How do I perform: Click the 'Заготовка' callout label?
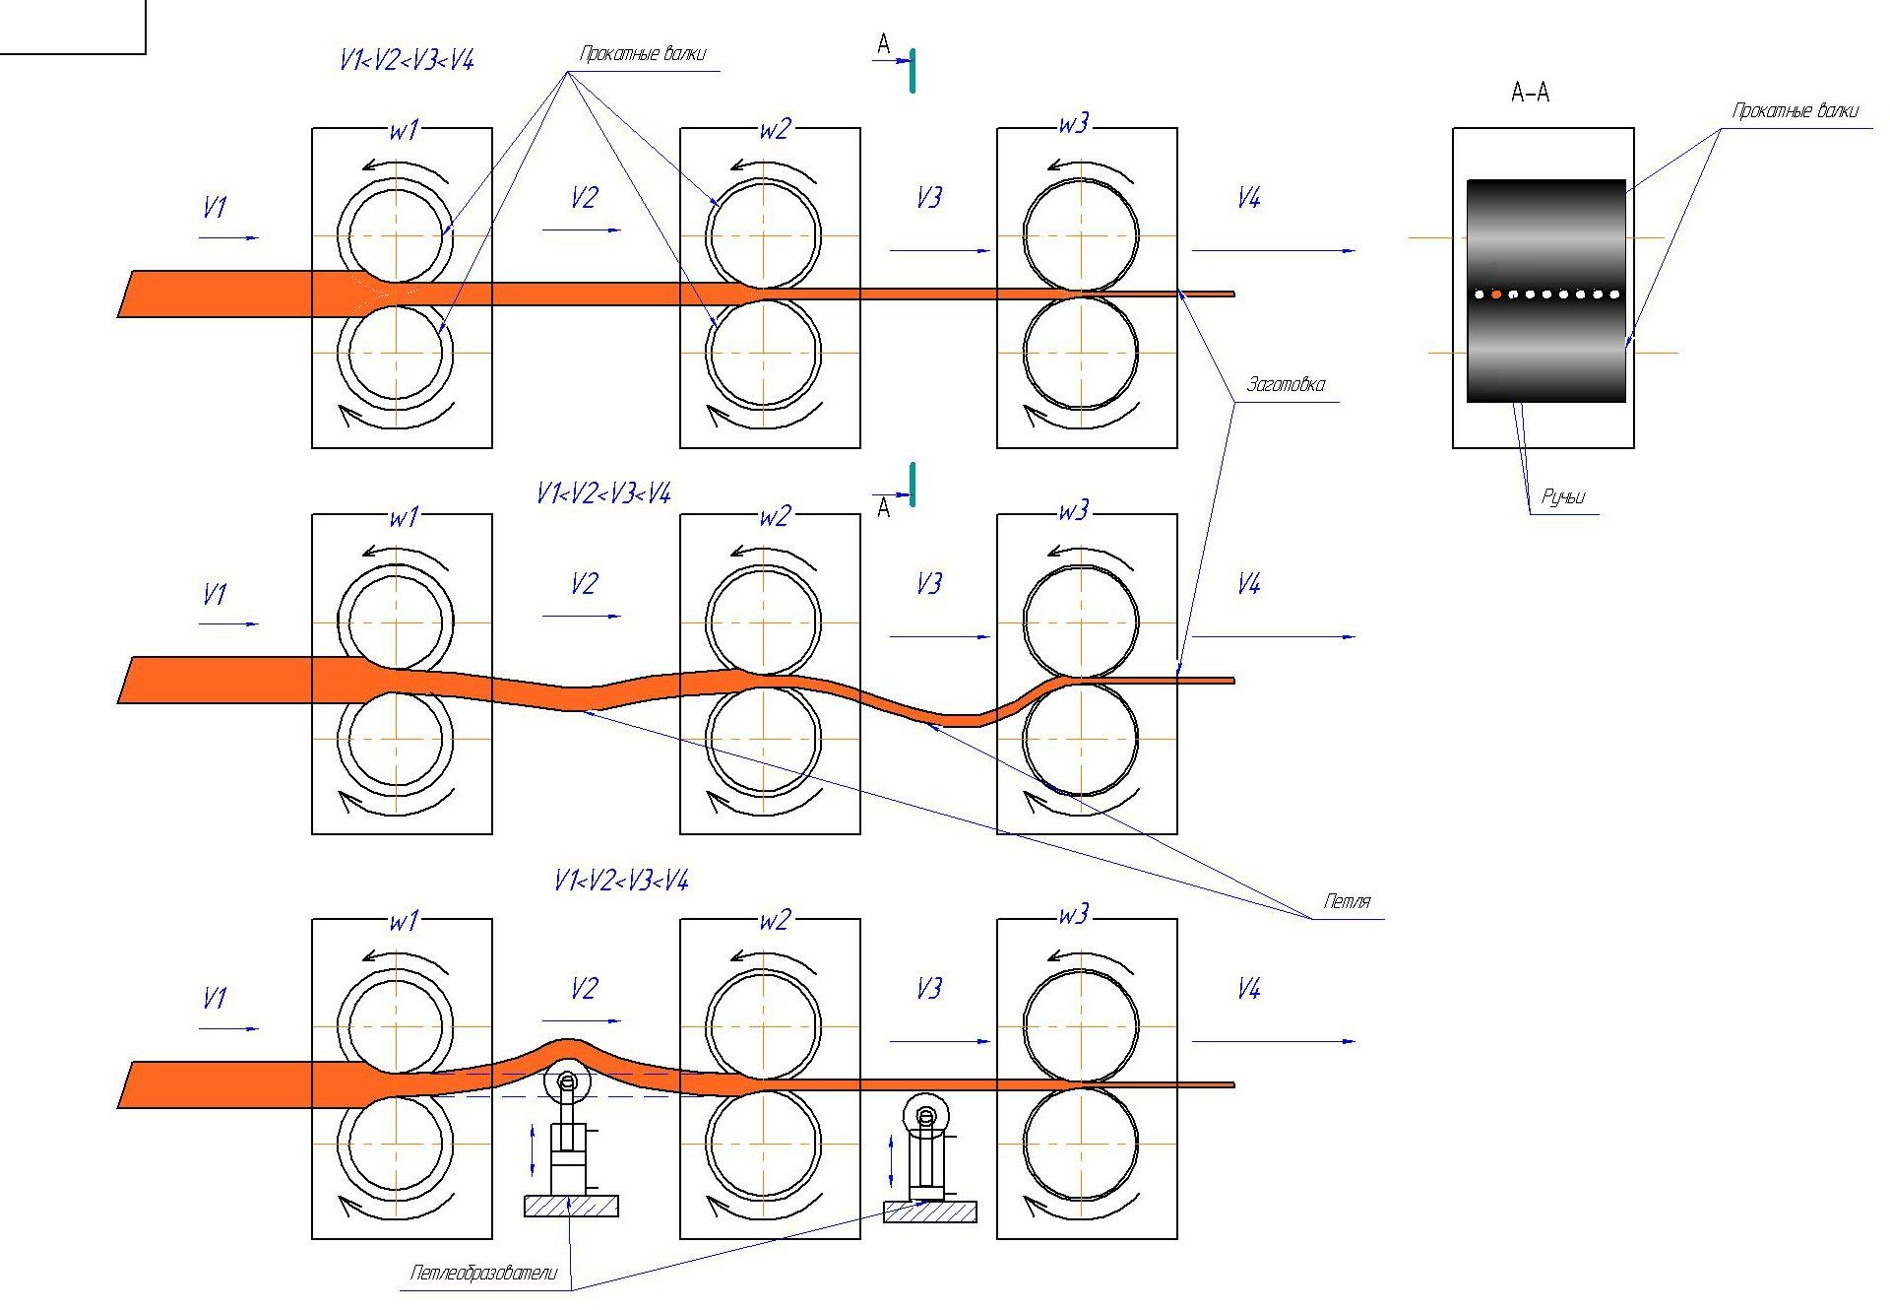(x=1286, y=385)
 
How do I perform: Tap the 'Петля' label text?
(x=1347, y=901)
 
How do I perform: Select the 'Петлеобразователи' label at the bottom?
(x=483, y=1273)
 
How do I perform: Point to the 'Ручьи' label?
(x=1563, y=497)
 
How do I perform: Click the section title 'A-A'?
(x=1530, y=93)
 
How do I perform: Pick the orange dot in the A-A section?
(x=1496, y=294)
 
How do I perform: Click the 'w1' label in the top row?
(x=404, y=130)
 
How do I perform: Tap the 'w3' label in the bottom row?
(x=1073, y=915)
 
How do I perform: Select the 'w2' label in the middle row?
(x=774, y=516)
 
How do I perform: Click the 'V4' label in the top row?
(x=1248, y=199)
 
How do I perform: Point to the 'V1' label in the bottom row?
(x=214, y=999)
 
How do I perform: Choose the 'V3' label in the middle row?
(x=928, y=584)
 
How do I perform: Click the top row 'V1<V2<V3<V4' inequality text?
(x=406, y=61)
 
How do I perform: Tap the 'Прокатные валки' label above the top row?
(x=642, y=54)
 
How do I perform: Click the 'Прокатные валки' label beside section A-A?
(x=1795, y=111)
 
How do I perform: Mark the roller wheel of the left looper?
(x=566, y=1081)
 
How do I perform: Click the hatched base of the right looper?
(x=929, y=1211)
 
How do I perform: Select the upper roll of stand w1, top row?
(x=396, y=235)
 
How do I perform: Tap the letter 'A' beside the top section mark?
(x=883, y=43)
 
